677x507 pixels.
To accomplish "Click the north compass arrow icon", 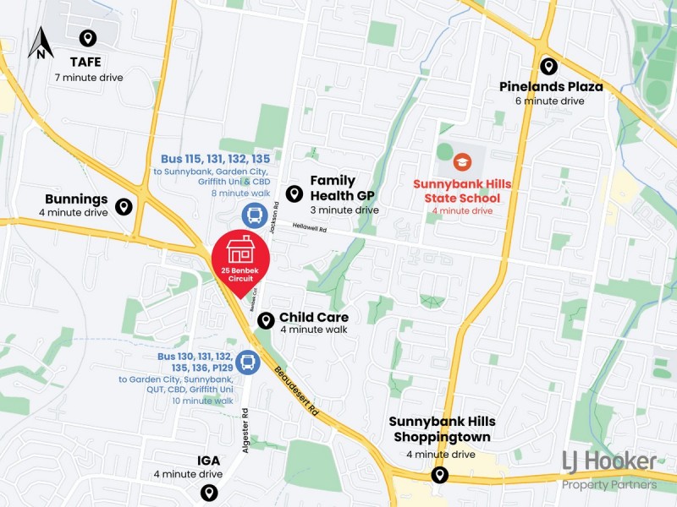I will click(40, 43).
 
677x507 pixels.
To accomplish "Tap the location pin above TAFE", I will click(87, 38).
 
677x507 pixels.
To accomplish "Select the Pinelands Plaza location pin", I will click(549, 66).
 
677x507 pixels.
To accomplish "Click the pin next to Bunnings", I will click(124, 206).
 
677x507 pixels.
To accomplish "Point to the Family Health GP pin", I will click(294, 194).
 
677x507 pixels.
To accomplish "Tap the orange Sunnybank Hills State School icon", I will click(461, 161).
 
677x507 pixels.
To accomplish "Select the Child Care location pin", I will click(266, 320).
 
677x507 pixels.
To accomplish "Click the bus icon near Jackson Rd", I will click(254, 216).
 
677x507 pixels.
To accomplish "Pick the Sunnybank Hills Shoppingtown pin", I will click(439, 475).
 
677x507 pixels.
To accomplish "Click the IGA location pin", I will click(209, 493).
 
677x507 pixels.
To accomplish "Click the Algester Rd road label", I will click(245, 428).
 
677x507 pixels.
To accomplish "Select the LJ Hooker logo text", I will click(609, 461).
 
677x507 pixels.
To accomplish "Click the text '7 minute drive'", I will click(89, 78).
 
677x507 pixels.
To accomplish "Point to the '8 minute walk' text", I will click(240, 194).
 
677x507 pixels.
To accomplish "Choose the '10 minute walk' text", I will click(202, 401).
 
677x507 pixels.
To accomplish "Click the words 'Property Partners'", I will click(609, 484).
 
